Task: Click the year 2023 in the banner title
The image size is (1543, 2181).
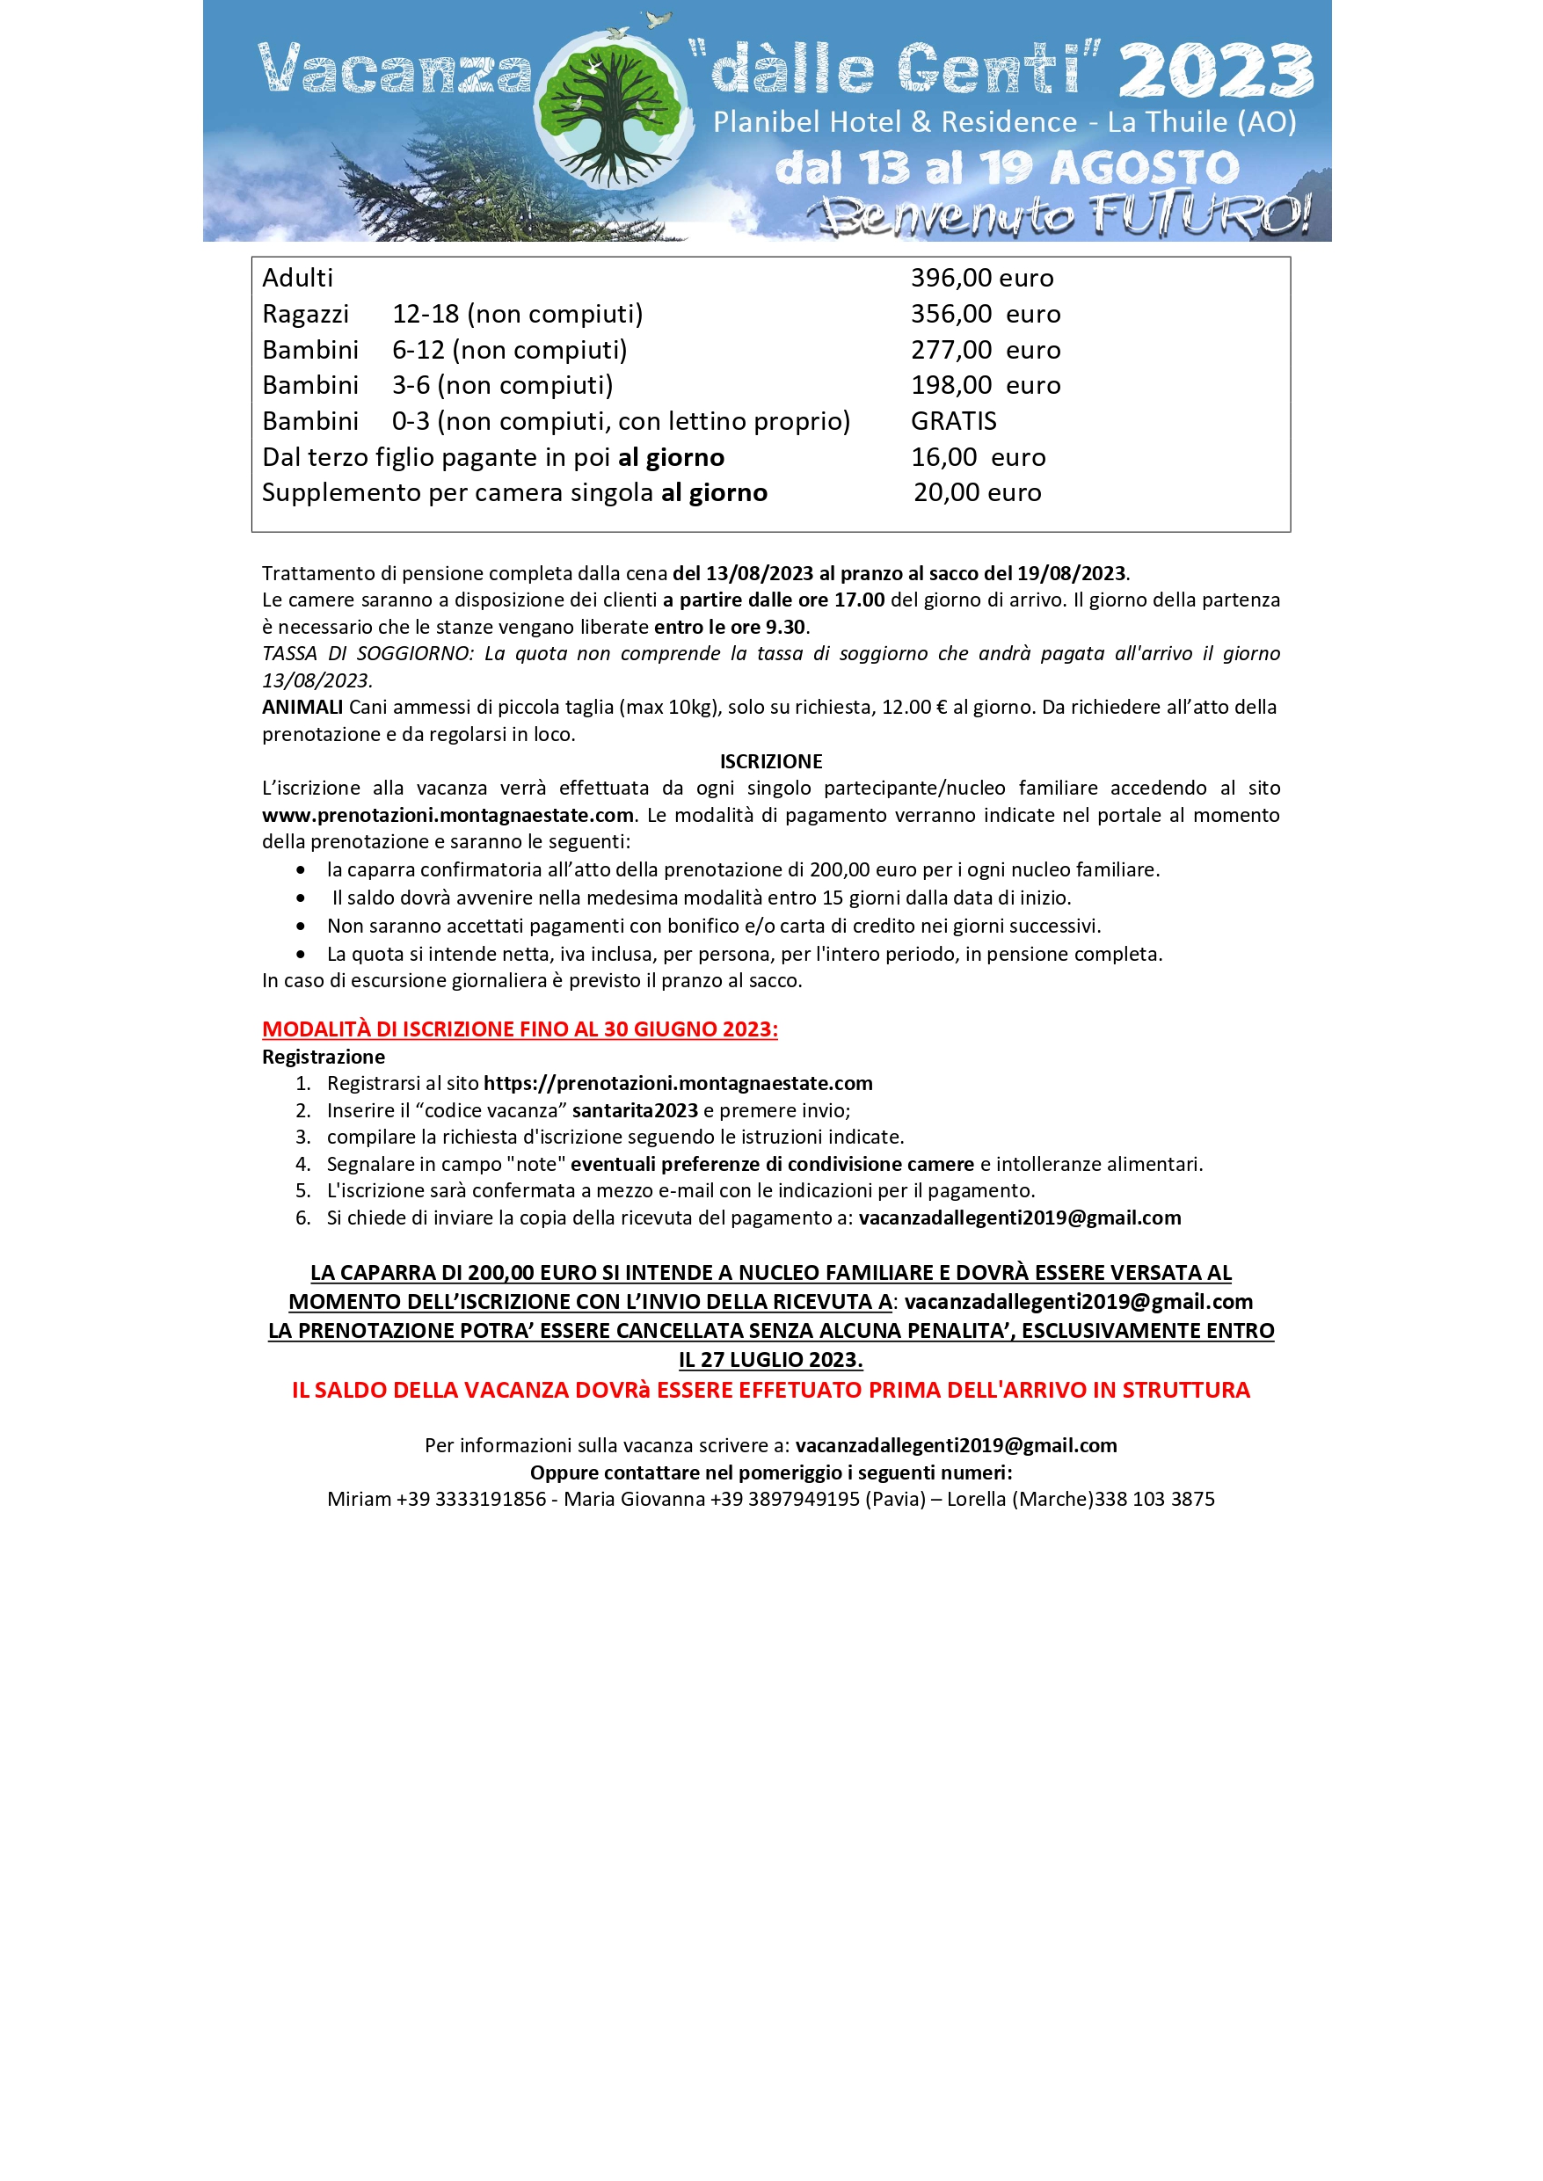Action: [x=1216, y=72]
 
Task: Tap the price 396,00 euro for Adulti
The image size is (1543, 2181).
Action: [x=981, y=279]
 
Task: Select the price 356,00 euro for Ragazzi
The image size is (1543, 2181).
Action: [x=986, y=315]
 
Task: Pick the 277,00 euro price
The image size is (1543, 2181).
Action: [x=986, y=351]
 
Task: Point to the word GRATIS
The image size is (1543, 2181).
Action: [x=953, y=422]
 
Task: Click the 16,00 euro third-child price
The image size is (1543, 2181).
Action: [x=978, y=458]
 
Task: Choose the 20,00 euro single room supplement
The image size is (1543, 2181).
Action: [x=977, y=493]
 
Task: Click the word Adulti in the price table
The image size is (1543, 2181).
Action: [x=297, y=279]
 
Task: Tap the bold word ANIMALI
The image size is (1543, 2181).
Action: [x=302, y=708]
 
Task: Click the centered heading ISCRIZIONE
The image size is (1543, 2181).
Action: [x=770, y=762]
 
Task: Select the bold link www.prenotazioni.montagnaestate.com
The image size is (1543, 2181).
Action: [x=448, y=816]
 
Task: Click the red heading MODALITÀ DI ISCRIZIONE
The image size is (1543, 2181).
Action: [x=520, y=1029]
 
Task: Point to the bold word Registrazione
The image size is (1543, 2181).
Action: [x=323, y=1058]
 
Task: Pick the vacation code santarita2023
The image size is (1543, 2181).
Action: [x=635, y=1111]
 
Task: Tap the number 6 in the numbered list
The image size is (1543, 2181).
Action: [x=303, y=1218]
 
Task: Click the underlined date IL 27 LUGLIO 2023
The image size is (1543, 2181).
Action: [x=770, y=1360]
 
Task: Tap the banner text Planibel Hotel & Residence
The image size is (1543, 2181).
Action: [x=895, y=122]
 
